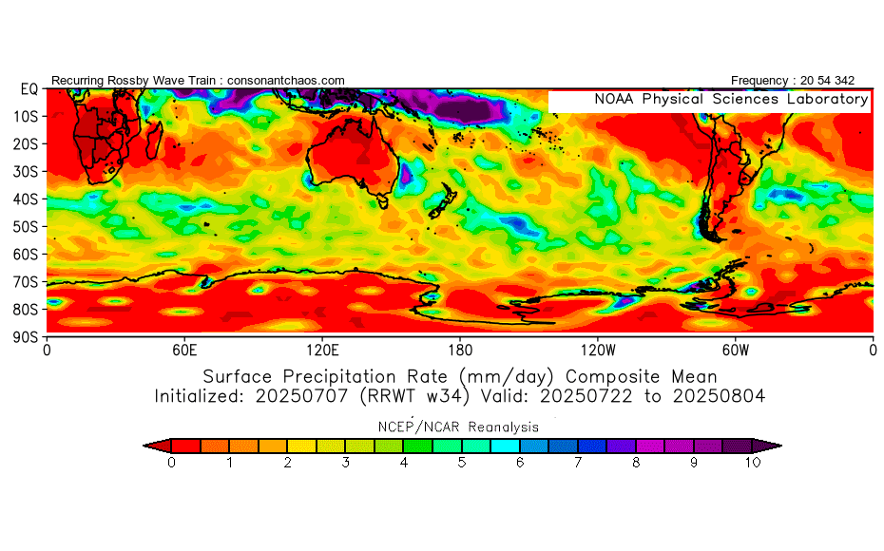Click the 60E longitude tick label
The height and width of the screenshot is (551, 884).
(184, 350)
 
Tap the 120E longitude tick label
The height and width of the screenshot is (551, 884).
(322, 350)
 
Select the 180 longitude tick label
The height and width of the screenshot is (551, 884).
(460, 350)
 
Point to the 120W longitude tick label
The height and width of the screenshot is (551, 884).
(597, 350)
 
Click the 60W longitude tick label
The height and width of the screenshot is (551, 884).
(735, 350)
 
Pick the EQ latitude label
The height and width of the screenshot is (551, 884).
(29, 89)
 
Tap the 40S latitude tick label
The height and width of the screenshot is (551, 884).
(29, 199)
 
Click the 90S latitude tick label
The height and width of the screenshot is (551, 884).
(29, 337)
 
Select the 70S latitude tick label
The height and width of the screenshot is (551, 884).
(29, 282)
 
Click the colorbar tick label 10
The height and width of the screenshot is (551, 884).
(754, 463)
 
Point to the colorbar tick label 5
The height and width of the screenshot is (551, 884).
(462, 463)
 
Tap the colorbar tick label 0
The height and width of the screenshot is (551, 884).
(171, 463)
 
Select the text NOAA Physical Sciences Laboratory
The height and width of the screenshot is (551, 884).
(731, 100)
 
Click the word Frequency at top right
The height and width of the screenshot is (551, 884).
(759, 81)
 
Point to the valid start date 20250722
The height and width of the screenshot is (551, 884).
(595, 395)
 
